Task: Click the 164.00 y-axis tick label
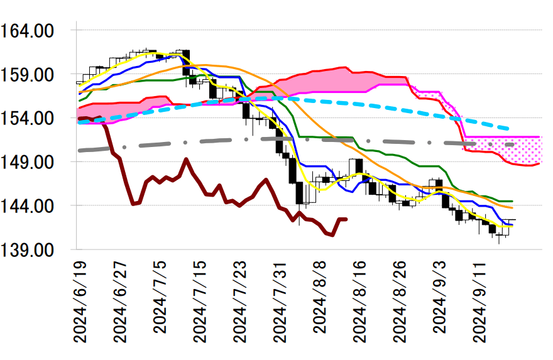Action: click(x=36, y=30)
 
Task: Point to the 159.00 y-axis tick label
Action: click(x=36, y=74)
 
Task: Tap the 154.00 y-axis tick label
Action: click(x=36, y=118)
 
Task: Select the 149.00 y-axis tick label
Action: click(x=36, y=162)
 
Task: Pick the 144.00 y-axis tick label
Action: click(x=36, y=206)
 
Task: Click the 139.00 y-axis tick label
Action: click(x=36, y=250)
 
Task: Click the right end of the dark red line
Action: click(x=346, y=219)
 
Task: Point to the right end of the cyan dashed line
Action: click(x=508, y=129)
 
